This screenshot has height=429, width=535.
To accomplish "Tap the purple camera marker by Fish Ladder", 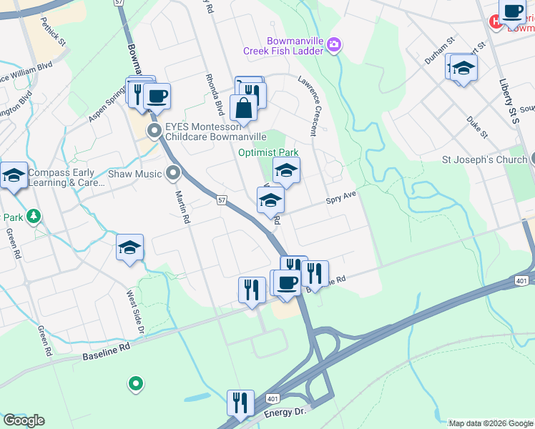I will pos(334,46).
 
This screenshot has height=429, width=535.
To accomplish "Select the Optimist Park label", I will pos(267,152).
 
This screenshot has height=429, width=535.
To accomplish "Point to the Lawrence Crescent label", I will pos(313,107).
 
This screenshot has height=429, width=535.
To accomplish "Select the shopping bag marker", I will pos(243,108).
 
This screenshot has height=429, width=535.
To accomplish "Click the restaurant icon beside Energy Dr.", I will pos(240,403).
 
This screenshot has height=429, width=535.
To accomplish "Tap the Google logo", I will pos(24,420).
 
